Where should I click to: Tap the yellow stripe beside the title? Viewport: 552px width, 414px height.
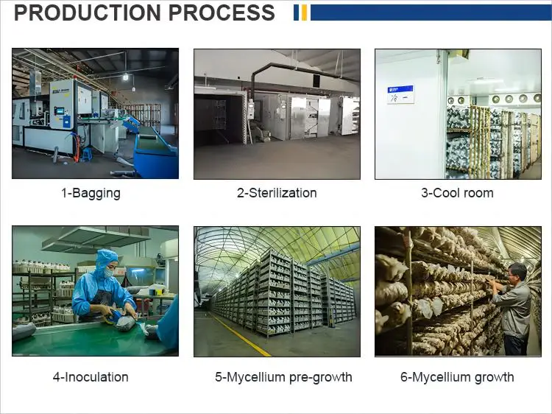click(x=304, y=13)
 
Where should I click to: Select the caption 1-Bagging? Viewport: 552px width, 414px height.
click(x=91, y=193)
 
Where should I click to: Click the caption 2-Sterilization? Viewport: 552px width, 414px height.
click(x=277, y=193)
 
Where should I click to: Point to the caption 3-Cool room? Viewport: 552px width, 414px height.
click(x=457, y=193)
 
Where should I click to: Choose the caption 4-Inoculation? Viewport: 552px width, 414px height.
click(x=91, y=377)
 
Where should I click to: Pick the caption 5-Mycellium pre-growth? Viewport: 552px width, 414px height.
click(x=283, y=377)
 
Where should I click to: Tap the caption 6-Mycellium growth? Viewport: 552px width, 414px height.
click(x=457, y=377)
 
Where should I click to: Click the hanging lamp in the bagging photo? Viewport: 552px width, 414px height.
click(x=125, y=75)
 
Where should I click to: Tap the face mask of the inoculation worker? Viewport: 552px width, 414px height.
click(x=108, y=272)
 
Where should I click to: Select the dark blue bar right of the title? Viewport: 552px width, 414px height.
click(x=431, y=13)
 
